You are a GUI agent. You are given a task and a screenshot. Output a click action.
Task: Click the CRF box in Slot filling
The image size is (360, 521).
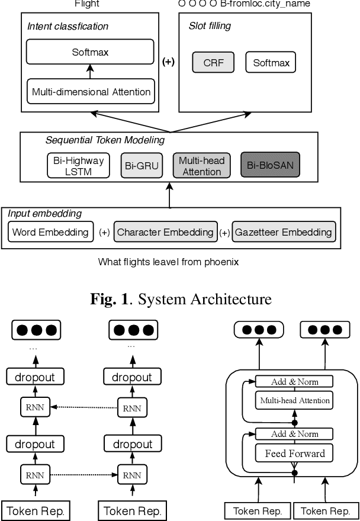[x=213, y=62]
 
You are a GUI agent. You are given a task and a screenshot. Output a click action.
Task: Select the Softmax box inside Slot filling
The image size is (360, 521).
[x=271, y=62]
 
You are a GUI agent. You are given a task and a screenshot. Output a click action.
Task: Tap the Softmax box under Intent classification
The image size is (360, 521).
[x=90, y=53]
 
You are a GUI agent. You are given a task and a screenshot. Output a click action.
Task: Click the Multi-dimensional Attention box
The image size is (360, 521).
[x=90, y=92]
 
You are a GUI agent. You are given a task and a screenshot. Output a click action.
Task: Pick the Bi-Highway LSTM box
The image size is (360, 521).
[x=78, y=166]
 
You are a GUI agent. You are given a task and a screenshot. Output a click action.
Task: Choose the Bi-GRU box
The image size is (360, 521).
[x=142, y=166]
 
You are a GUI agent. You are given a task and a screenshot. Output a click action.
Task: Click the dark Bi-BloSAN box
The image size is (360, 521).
[x=271, y=166]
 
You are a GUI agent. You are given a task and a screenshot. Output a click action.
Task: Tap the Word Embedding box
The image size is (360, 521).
[x=50, y=232]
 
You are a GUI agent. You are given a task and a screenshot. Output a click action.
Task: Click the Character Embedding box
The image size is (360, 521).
[x=165, y=232]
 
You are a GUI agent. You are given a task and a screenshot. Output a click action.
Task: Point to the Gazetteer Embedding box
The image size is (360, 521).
[x=284, y=232]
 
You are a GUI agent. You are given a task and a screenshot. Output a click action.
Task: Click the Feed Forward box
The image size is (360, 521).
[x=294, y=454]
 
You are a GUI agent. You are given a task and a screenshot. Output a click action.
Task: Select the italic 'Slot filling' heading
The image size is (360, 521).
[x=210, y=26]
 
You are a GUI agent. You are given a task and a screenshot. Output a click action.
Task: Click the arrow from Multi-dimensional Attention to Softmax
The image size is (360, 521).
[x=90, y=72]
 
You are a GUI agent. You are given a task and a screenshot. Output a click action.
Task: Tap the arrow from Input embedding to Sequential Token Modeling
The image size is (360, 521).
[x=171, y=195]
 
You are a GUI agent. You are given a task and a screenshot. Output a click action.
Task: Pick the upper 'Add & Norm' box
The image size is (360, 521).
[x=294, y=382]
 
